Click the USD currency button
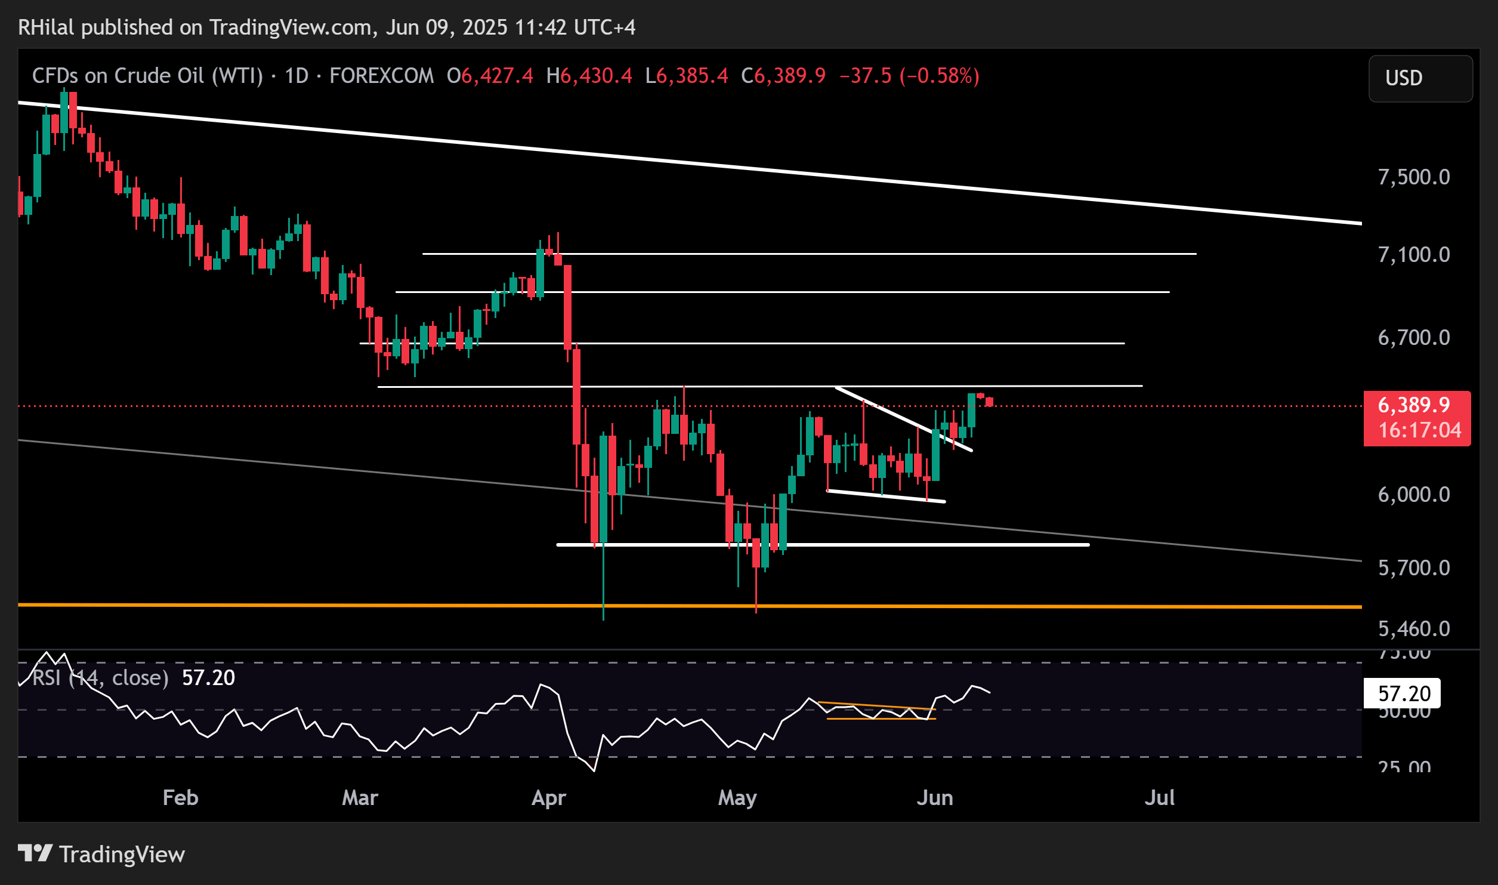coord(1419,78)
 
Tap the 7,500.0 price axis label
coord(1413,177)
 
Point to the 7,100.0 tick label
coord(1413,255)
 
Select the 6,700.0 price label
coord(1413,338)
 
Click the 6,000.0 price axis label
coord(1413,495)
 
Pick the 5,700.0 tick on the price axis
coord(1413,568)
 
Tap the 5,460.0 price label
coord(1413,628)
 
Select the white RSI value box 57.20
coord(1404,693)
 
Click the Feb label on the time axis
coord(180,798)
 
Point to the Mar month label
coord(360,798)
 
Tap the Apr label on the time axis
coord(548,798)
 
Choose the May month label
coord(737,798)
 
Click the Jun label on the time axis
coord(934,798)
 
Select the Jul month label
coord(1159,798)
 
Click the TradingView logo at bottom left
coord(101,854)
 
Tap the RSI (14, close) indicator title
coord(100,678)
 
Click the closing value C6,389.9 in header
coord(783,76)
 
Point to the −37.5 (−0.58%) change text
coord(909,76)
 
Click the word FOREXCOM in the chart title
coord(381,76)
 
